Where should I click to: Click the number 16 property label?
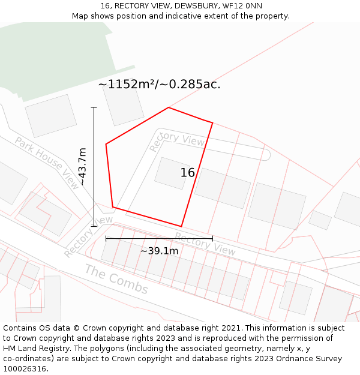pos(187,173)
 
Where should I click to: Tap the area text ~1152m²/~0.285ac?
pos(160,85)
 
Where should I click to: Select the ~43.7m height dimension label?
pos(83,166)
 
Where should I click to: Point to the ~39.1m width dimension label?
pos(159,251)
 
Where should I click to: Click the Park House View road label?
pos(47,163)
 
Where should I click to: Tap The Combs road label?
pos(116,279)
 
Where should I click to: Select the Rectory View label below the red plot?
pos(205,243)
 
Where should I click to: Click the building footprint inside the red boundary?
pos(172,173)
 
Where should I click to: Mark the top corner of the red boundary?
pos(169,108)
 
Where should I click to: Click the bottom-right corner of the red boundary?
pos(181,226)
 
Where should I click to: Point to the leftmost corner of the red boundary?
pos(106,144)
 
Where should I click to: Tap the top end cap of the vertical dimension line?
pos(94,107)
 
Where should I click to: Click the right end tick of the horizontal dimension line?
pos(212,238)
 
